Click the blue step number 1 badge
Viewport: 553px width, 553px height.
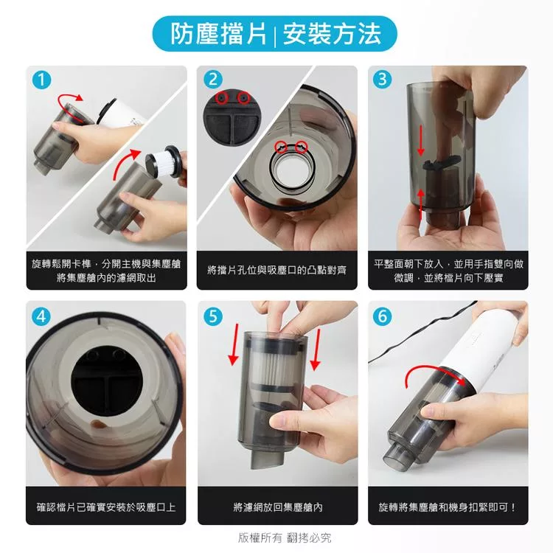point(41,80)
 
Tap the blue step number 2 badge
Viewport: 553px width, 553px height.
point(213,80)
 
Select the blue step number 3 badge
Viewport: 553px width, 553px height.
point(383,79)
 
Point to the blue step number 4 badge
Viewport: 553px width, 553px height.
point(41,316)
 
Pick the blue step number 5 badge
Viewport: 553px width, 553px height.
point(213,316)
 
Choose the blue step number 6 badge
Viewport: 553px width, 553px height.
point(383,316)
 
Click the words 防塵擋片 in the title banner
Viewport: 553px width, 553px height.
point(219,34)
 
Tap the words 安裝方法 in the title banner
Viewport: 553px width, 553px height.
point(332,34)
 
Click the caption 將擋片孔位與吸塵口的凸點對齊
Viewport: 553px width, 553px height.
point(276,271)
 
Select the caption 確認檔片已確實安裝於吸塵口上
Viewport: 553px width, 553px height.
point(105,507)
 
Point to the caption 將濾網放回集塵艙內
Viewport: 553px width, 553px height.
point(278,507)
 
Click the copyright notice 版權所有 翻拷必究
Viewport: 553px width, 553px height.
point(285,538)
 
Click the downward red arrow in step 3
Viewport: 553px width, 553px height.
point(420,141)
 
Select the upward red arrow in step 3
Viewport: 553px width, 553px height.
point(421,204)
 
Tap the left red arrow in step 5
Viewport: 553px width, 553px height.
point(234,344)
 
